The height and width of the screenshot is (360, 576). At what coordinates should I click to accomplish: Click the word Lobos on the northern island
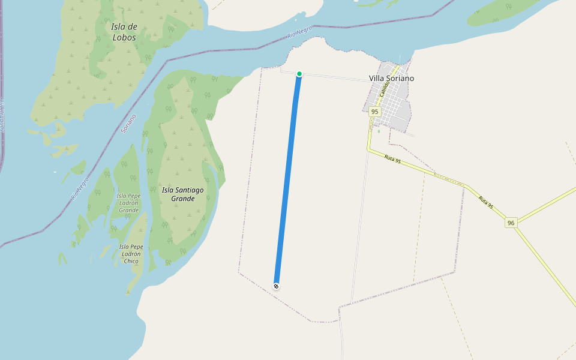124,37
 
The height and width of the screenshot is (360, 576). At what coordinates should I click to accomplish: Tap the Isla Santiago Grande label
183,194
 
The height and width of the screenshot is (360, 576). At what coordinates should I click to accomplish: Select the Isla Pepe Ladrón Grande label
129,203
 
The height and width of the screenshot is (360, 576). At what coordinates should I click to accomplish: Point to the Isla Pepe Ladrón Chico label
131,254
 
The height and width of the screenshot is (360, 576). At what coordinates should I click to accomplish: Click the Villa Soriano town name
391,79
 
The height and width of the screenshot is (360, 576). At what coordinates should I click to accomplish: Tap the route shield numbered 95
374,112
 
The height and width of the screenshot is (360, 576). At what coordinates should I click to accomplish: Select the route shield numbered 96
511,223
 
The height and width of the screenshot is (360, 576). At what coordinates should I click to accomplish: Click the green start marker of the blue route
299,74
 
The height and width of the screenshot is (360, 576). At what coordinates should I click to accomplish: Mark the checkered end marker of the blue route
276,286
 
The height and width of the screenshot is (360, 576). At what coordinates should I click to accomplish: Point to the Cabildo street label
385,89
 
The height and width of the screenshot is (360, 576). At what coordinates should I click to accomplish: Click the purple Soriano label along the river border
128,123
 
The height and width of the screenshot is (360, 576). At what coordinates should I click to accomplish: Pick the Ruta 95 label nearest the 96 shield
486,202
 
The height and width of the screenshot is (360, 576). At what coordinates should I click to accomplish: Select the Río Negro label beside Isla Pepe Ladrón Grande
80,188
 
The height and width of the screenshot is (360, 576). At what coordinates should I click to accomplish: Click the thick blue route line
288,180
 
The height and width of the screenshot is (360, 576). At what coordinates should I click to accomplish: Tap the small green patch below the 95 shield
379,131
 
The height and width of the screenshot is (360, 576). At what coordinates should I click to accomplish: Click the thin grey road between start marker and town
336,76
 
